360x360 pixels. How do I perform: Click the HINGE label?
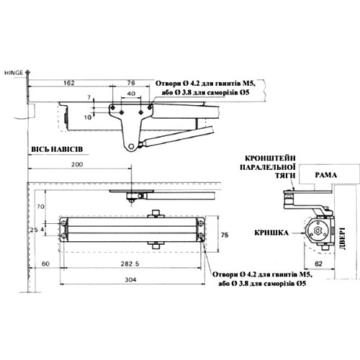[14, 73]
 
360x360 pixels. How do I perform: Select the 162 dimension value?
[70, 84]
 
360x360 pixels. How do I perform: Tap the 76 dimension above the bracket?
[130, 84]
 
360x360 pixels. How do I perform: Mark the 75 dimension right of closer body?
[224, 235]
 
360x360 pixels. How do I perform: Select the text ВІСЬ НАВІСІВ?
[58, 148]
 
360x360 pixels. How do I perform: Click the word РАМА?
[316, 174]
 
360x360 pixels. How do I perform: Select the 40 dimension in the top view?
[130, 94]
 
